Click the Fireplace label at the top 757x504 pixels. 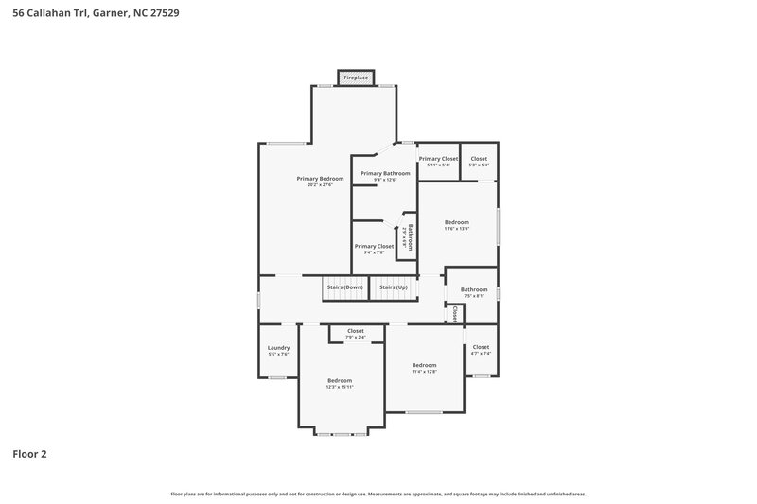[x=356, y=78]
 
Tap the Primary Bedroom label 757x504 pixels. [x=319, y=179]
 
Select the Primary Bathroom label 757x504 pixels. [x=385, y=173]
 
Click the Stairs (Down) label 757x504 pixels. [x=344, y=287]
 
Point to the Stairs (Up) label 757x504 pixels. [x=394, y=287]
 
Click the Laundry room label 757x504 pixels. [x=278, y=347]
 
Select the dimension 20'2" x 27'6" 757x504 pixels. [x=319, y=185]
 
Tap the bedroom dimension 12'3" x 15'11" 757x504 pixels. [x=340, y=387]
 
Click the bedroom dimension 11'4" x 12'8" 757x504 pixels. [x=424, y=372]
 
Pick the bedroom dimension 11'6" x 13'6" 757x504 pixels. [x=457, y=229]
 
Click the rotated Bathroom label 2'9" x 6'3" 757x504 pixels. [x=406, y=236]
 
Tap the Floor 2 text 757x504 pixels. [x=29, y=454]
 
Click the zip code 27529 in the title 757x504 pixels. [x=165, y=14]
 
